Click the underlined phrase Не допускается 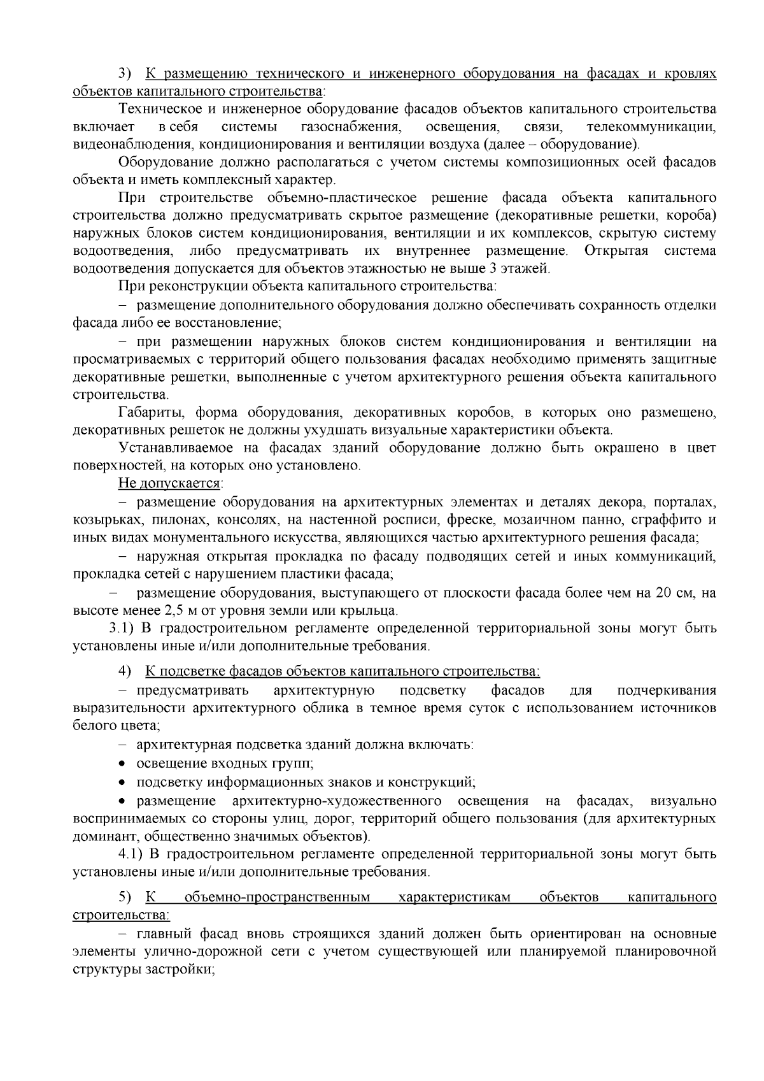(x=169, y=483)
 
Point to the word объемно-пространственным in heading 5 (x=277, y=898)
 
